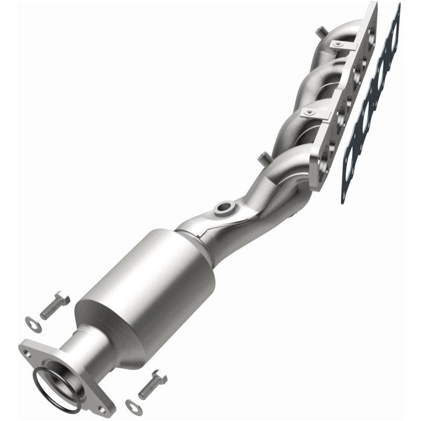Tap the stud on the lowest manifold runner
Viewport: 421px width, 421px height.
(x=262, y=156)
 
